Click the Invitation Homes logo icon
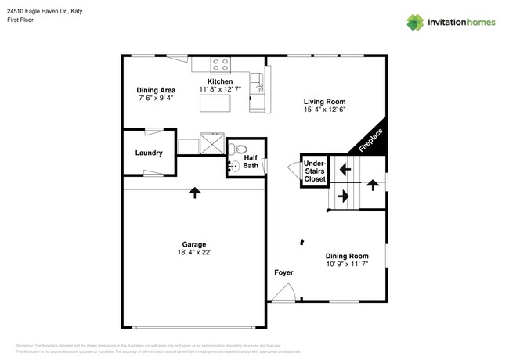[415, 22]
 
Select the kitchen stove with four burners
[220, 66]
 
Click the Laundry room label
[148, 153]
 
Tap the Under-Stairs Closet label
[315, 171]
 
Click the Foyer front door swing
[282, 293]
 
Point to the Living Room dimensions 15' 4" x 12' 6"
[325, 110]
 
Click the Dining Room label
[347, 256]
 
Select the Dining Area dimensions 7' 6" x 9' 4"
[156, 99]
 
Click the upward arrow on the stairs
[373, 185]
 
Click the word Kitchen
[219, 81]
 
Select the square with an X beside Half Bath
[211, 144]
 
